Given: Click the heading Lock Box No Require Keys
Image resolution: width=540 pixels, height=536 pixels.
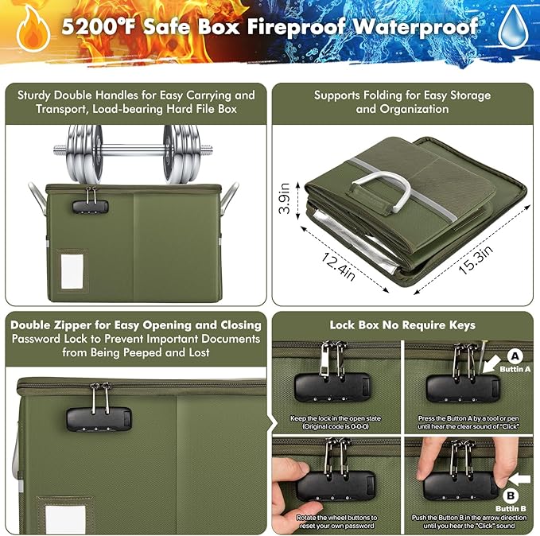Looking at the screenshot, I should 403,324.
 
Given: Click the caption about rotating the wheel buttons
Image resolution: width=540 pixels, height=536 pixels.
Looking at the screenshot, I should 338,522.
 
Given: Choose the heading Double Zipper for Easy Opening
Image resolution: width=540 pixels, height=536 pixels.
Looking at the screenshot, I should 135,324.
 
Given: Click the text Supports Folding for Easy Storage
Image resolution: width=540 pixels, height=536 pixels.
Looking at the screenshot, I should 402,95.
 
